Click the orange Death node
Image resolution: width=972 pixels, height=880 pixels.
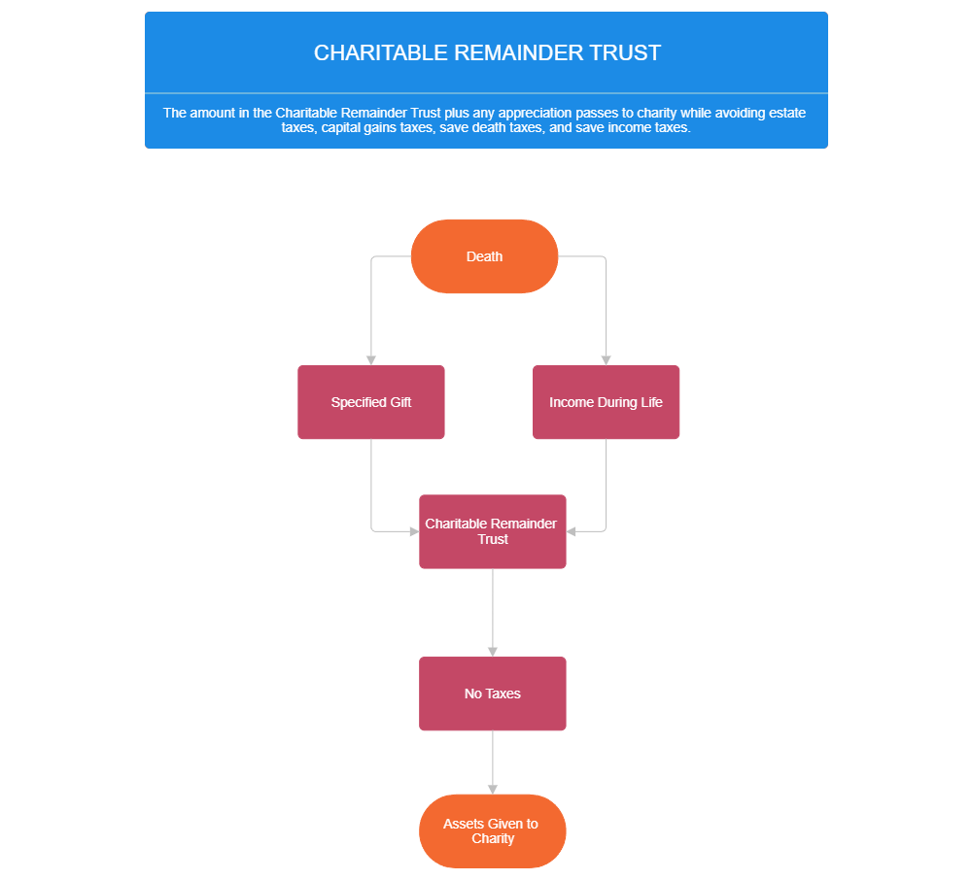tap(484, 256)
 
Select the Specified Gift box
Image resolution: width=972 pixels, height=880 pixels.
tap(370, 402)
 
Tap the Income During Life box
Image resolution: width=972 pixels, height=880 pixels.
tap(606, 402)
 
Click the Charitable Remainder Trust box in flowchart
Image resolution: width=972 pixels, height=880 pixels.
tap(492, 531)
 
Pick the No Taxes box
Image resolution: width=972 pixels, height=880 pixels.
tap(492, 694)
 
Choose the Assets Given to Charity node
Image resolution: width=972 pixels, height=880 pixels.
tap(492, 830)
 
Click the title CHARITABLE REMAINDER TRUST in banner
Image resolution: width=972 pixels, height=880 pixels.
tap(487, 53)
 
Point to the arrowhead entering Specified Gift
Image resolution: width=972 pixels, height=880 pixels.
tap(371, 359)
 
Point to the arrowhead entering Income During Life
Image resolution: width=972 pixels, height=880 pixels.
tap(607, 359)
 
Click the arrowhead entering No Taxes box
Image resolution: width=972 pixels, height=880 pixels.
tap(493, 651)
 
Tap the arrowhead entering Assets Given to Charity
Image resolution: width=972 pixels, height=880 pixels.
tap(493, 789)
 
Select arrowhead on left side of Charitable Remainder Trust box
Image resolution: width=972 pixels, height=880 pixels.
tap(412, 531)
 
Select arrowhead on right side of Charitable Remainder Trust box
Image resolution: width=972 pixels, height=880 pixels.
tap(573, 531)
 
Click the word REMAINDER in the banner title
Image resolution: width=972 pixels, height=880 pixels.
tap(525, 53)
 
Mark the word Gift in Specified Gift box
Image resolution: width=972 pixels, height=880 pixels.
tap(400, 402)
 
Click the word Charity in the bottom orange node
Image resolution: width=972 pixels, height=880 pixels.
tap(493, 838)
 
